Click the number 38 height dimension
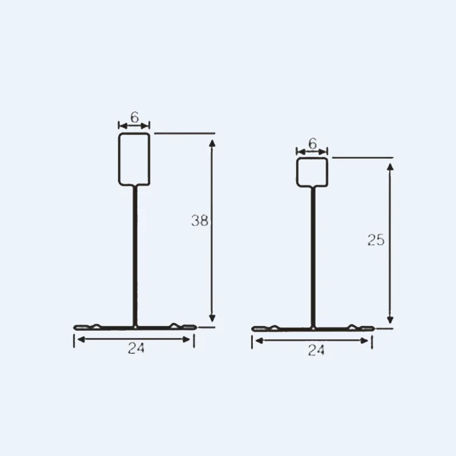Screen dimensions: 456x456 coord(200,221)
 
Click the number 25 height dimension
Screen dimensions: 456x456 coord(376,240)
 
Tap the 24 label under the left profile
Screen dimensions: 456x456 coord(136,348)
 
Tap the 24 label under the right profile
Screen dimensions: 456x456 coord(316,350)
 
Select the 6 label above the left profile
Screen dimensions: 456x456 coord(134,117)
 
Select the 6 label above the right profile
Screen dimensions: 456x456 coord(313,143)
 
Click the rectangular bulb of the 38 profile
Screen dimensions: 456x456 coord(119,159)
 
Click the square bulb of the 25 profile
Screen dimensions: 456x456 coord(297,172)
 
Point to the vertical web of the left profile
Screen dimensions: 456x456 coord(135,256)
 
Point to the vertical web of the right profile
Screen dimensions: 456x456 coord(313,257)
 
